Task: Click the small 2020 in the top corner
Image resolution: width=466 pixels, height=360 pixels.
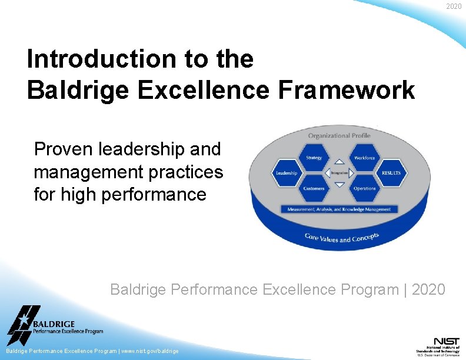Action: point(454,6)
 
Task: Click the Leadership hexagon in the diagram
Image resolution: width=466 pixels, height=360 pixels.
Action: point(287,173)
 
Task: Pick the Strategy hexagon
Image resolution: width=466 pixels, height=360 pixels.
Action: point(314,158)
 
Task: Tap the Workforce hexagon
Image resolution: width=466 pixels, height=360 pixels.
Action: point(364,158)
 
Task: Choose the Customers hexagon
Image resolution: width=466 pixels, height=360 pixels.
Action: point(314,188)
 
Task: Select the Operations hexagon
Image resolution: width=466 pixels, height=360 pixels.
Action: point(364,188)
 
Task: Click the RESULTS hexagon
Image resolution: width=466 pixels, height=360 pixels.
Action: point(391,173)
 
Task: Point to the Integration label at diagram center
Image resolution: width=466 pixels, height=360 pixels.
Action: point(339,173)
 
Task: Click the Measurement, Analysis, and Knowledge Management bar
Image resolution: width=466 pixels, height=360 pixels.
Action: point(339,209)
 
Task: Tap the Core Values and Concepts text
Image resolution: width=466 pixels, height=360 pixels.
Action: point(341,238)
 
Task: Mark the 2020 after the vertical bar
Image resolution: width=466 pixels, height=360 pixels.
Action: point(428,289)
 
